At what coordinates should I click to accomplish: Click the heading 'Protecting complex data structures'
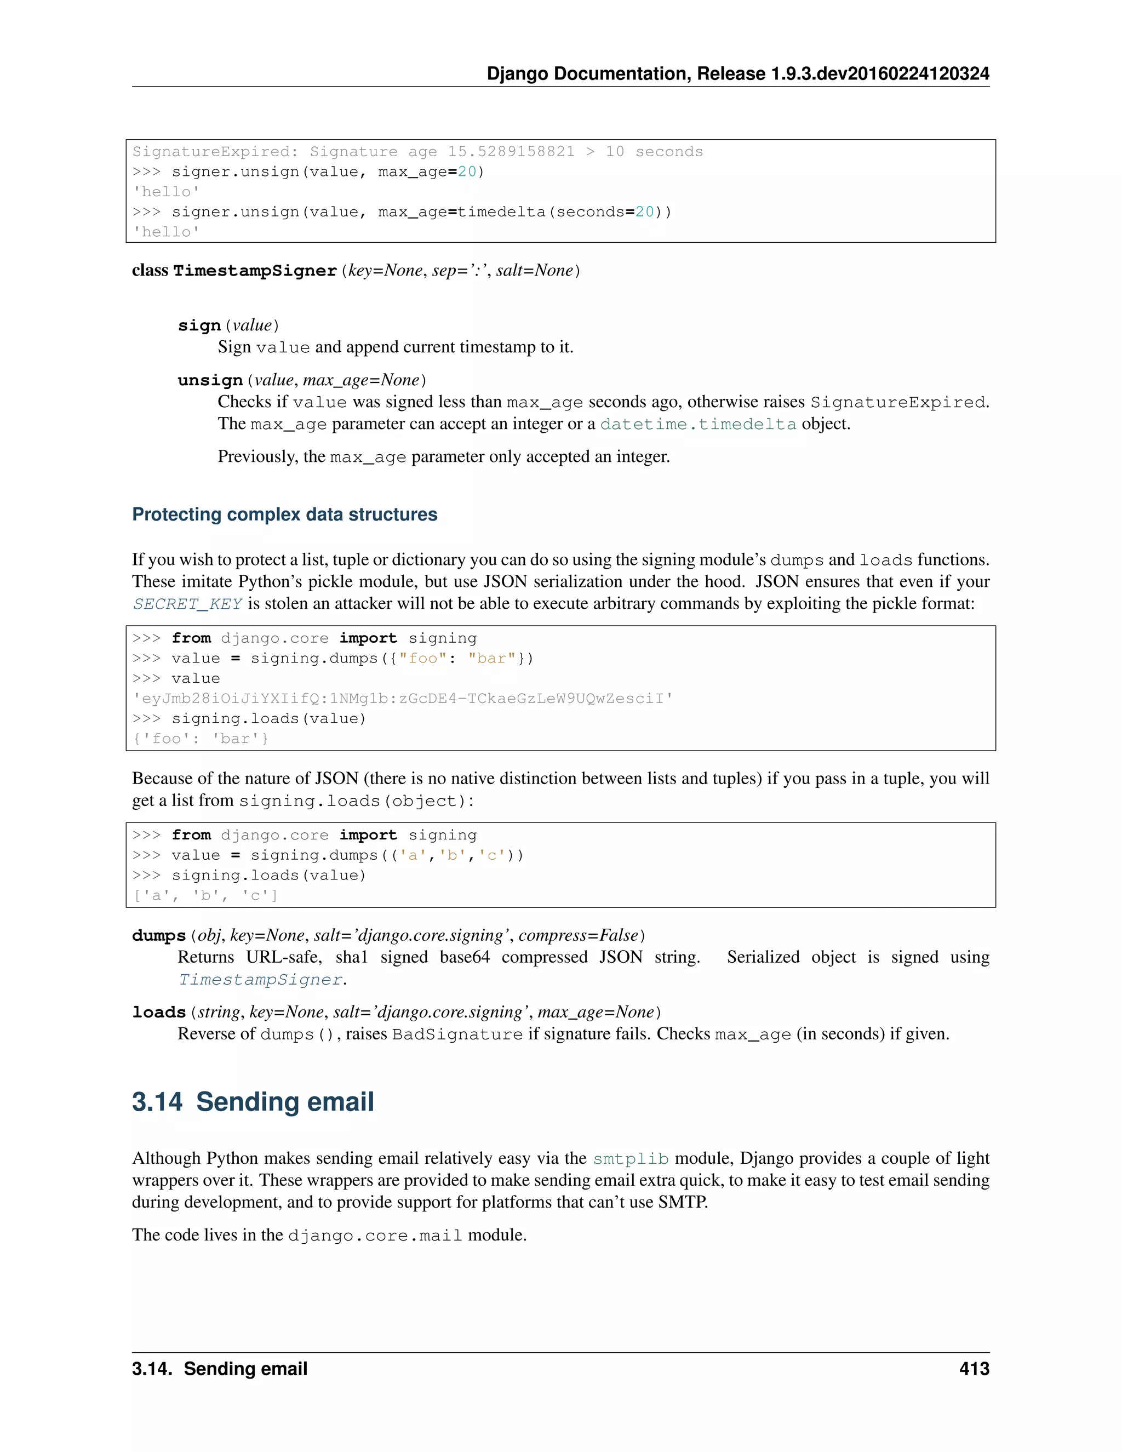pos(284,515)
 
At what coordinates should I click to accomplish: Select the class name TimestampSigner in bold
pos(255,271)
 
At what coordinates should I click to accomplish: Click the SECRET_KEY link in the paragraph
pos(187,604)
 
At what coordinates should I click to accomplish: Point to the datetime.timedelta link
pos(698,424)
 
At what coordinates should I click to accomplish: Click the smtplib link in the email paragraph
pos(630,1159)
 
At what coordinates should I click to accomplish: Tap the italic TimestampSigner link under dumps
pos(261,980)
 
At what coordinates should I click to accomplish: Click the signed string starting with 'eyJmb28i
pos(403,699)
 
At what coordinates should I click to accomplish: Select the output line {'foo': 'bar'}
pos(200,739)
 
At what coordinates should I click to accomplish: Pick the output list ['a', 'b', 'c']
pos(205,895)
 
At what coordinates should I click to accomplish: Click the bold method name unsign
pos(210,380)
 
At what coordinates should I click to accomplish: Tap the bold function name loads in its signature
pos(159,1013)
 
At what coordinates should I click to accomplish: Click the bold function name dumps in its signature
pos(159,936)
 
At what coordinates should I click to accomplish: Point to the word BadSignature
pos(457,1034)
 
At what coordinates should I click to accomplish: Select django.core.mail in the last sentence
pos(375,1235)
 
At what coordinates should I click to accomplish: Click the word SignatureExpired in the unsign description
pos(897,402)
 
